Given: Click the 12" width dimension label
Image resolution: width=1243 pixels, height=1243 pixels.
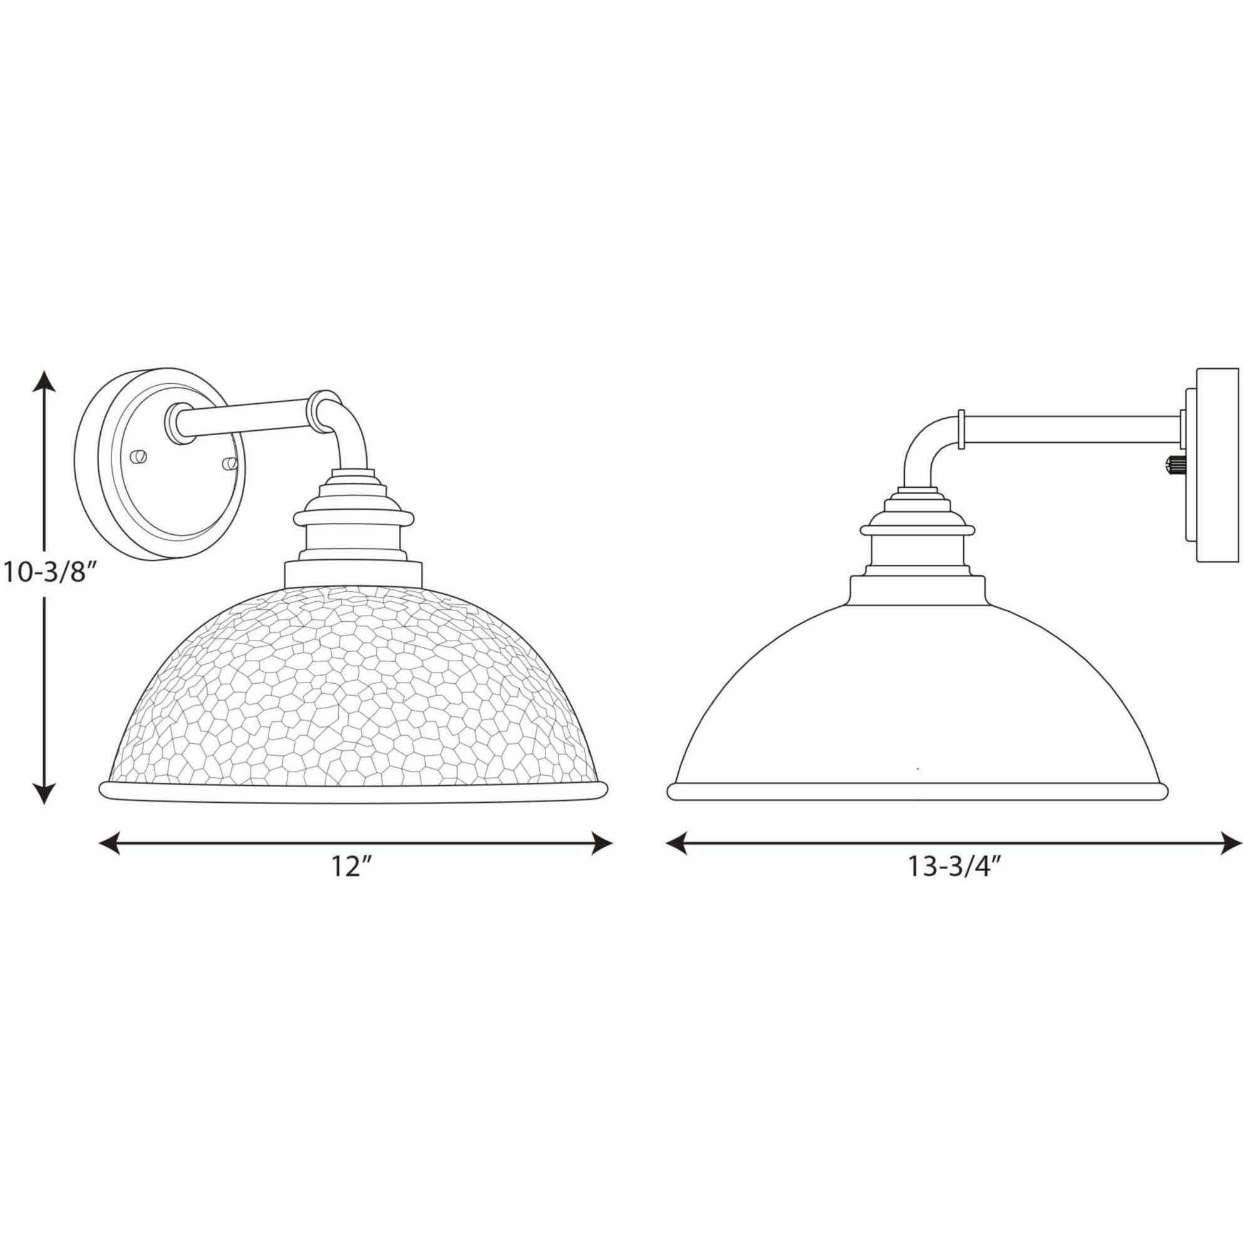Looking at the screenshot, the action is (352, 868).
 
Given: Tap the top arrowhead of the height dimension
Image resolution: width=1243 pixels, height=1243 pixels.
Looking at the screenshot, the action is (44, 381).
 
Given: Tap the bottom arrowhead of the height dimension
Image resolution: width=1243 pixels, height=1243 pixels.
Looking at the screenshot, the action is (44, 793).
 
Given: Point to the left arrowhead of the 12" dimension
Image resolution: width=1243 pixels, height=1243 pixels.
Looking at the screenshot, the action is (110, 843).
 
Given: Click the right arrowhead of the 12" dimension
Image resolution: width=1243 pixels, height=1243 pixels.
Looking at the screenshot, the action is (601, 843).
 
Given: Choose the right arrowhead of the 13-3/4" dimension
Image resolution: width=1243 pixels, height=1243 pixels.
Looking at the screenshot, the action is (1229, 843).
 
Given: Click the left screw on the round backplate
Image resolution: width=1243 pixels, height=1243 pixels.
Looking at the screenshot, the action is (138, 456).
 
